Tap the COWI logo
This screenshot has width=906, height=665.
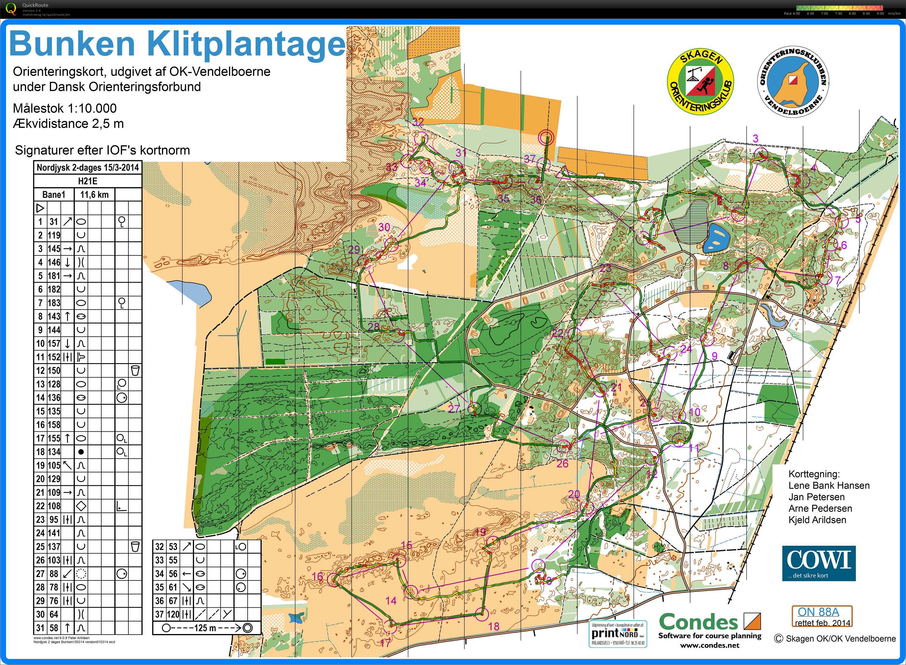coord(819,563)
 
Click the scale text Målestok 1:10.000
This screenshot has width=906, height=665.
coord(65,108)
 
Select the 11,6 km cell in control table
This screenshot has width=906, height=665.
coord(94,195)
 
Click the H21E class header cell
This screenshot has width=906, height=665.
coord(88,181)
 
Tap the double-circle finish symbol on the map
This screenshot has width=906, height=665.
coord(546,137)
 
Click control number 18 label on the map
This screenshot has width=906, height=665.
coord(494,626)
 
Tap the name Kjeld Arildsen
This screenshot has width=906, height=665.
coord(817,520)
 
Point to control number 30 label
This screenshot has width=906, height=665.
coord(384,227)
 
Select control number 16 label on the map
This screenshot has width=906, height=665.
coord(317,576)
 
